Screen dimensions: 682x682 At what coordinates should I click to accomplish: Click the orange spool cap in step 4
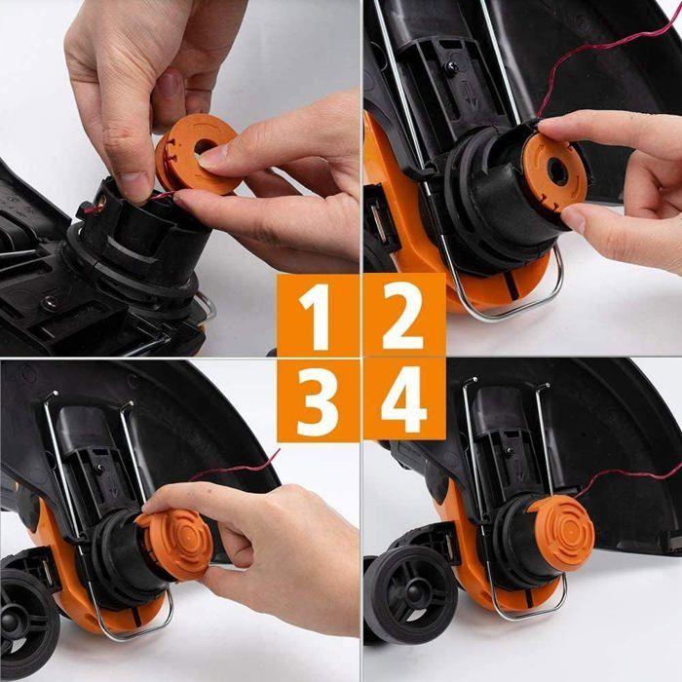tap(559, 532)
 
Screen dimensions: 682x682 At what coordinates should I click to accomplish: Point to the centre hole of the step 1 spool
tap(206, 147)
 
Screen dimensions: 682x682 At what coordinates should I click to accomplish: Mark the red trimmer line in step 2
tap(604, 53)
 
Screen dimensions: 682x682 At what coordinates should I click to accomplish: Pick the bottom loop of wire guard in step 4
tap(526, 614)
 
